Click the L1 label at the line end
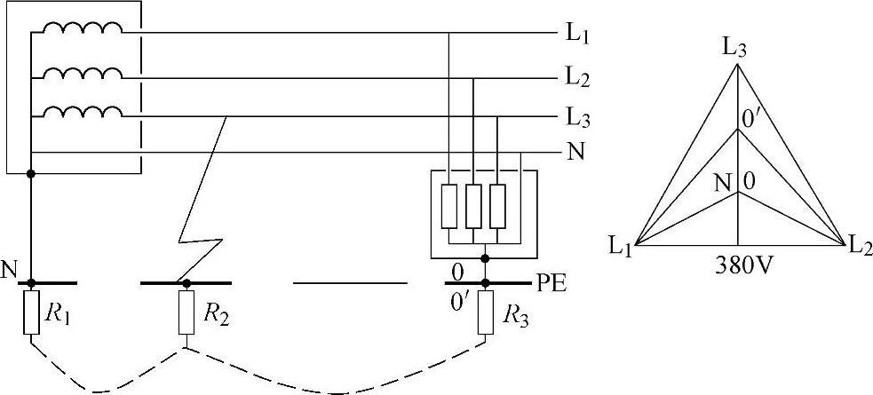[579, 38]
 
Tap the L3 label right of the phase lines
[579, 117]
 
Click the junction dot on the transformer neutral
[32, 174]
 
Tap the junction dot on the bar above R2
[186, 283]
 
